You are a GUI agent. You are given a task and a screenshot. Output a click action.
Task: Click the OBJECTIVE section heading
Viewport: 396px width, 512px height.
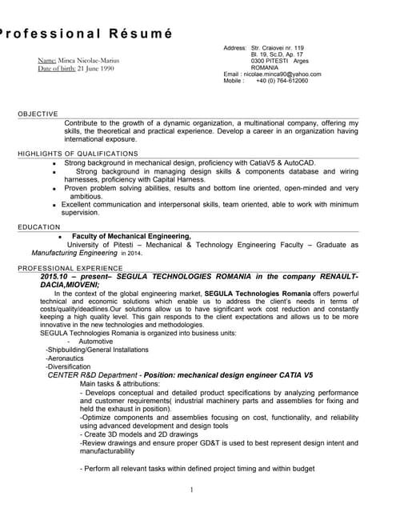(x=38, y=114)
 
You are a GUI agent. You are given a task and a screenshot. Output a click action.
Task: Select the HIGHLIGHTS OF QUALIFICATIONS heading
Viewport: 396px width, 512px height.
(x=78, y=154)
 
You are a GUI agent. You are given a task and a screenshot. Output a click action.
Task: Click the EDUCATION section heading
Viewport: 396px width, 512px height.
(x=39, y=227)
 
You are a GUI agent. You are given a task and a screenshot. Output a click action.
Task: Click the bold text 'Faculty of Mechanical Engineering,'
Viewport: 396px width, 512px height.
(x=131, y=237)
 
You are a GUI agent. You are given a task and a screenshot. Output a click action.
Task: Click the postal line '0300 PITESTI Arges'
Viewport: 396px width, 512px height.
(x=280, y=61)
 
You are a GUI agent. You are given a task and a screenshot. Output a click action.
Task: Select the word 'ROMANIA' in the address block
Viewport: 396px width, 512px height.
(x=265, y=68)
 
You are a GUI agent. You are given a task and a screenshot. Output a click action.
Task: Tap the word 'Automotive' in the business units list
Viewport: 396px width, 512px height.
(x=96, y=341)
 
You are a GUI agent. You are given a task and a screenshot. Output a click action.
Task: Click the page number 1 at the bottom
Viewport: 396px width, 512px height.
(x=193, y=490)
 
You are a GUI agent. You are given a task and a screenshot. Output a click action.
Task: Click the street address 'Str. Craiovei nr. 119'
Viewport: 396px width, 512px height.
(x=278, y=48)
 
